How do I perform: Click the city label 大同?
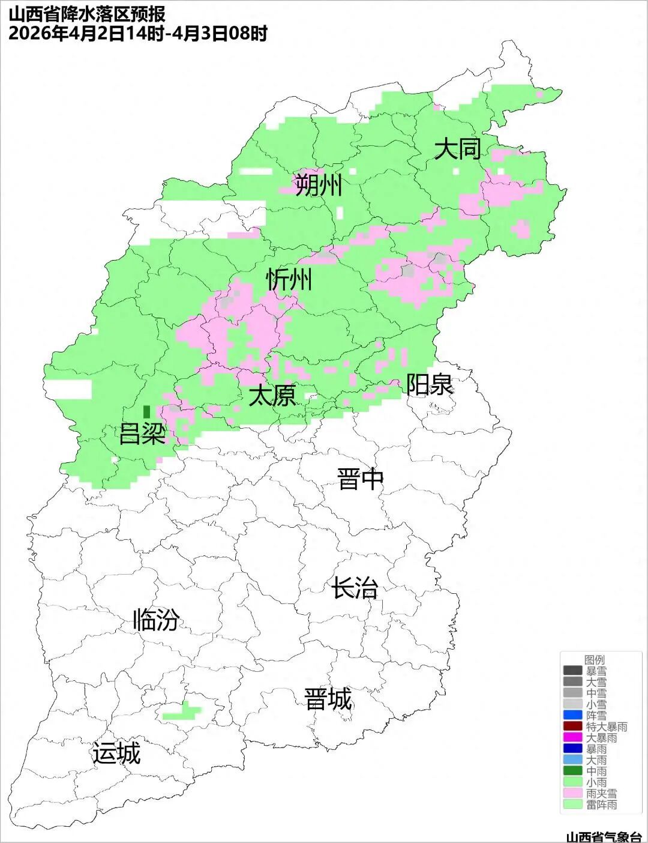click(457, 148)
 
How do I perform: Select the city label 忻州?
click(289, 279)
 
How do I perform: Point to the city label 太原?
click(272, 396)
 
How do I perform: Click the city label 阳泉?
click(430, 384)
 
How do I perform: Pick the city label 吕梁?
click(142, 433)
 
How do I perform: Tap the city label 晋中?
click(360, 479)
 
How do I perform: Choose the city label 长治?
click(355, 587)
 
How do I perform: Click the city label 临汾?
click(156, 620)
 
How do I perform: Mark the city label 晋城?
click(328, 699)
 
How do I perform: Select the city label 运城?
click(116, 753)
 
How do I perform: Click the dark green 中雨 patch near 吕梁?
click(146, 412)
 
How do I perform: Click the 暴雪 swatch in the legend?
click(572, 671)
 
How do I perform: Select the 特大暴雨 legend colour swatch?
click(572, 727)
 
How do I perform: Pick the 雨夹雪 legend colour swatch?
click(572, 793)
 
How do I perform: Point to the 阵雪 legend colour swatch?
click(572, 715)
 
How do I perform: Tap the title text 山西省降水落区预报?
click(87, 14)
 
